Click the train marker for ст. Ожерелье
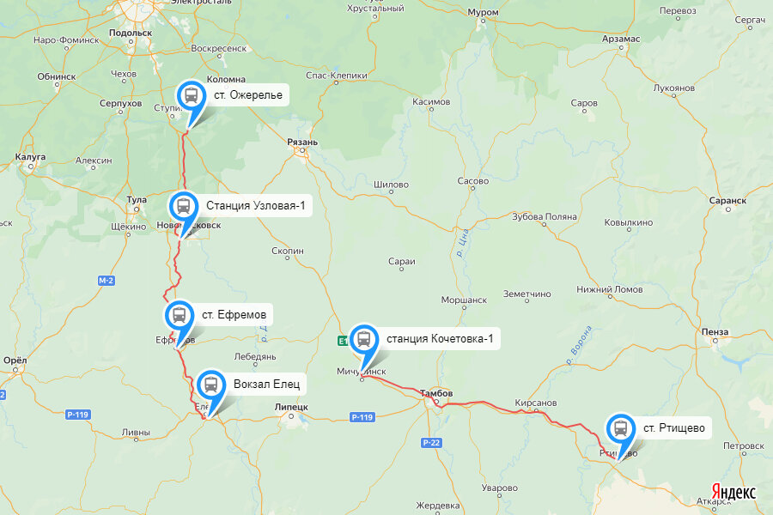(x=191, y=95)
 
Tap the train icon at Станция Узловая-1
(x=183, y=206)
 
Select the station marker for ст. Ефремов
(x=179, y=314)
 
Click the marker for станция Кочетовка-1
(x=363, y=338)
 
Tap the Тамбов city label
(x=436, y=393)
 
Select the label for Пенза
(x=715, y=332)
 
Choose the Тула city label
(x=137, y=199)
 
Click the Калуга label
(x=30, y=157)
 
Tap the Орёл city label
(x=15, y=360)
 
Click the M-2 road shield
(x=107, y=281)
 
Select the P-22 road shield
(x=431, y=442)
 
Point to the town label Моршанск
(x=464, y=300)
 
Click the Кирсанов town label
(x=536, y=402)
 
